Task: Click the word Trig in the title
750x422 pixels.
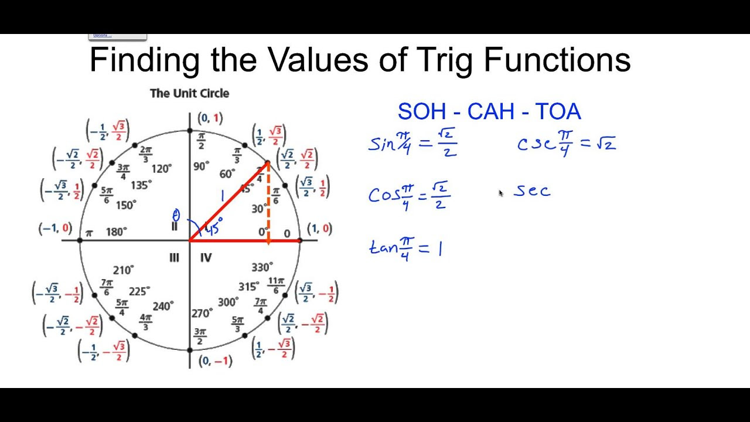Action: (445, 60)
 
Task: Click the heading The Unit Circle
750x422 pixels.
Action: (189, 93)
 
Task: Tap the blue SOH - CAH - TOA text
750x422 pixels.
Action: (489, 111)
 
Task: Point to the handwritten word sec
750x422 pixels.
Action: (532, 191)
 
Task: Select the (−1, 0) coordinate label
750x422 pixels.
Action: (55, 229)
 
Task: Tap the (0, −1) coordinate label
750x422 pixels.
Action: (215, 361)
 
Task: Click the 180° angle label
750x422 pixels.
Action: (116, 232)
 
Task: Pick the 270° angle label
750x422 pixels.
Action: (202, 314)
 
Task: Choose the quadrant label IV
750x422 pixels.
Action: (206, 257)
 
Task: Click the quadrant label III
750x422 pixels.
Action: (174, 257)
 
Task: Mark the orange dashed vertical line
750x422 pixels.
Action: (268, 202)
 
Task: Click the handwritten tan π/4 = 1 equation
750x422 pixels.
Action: (405, 249)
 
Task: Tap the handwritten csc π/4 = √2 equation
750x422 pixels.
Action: (567, 144)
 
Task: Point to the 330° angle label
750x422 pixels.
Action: (262, 267)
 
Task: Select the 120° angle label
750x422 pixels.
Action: (161, 168)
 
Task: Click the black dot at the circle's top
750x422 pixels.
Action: (189, 131)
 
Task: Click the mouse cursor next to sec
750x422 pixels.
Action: (500, 193)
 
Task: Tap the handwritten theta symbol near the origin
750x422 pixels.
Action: (176, 215)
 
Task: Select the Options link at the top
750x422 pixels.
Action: (102, 35)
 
